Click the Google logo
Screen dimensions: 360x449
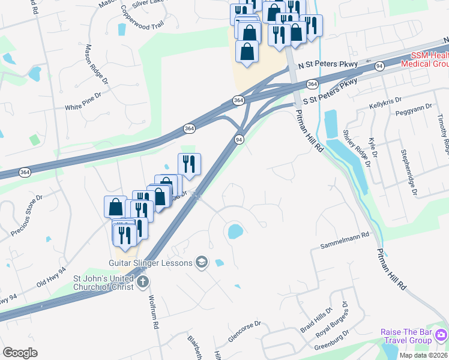20,353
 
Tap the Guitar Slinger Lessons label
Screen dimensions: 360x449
150,263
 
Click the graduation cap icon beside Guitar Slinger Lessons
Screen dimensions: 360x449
201,262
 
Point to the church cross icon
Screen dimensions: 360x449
142,281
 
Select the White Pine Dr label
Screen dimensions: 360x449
83,106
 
